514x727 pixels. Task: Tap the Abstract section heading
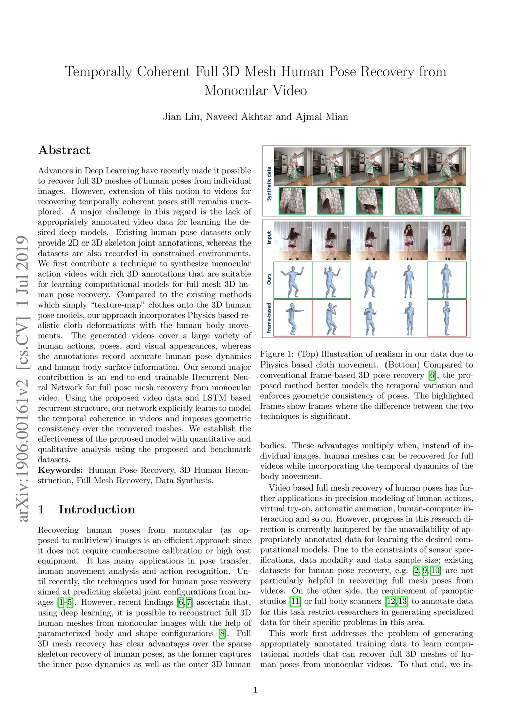coord(64,150)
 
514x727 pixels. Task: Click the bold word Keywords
coord(60,470)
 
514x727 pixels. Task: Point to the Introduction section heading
coord(96,509)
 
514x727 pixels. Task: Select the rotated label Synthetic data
coord(269,184)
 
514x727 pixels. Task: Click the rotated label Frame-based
coord(269,318)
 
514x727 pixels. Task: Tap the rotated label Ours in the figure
coord(269,279)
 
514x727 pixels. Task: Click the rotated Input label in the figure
coord(269,237)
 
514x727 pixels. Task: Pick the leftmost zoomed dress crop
coord(292,201)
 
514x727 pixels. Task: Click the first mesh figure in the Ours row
coord(293,280)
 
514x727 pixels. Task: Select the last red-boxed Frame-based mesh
coord(447,318)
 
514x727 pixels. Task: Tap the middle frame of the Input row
coord(370,240)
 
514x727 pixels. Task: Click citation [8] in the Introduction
coord(222,634)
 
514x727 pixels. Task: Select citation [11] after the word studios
coord(295,601)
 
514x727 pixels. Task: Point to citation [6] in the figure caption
coord(432,375)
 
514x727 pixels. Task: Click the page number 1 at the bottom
coord(255,690)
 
